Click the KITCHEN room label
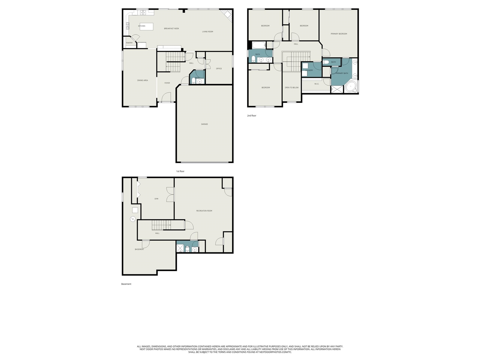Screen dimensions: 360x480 [x=141, y=26]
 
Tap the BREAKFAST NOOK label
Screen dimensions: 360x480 [x=171, y=28]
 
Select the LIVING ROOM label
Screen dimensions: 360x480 [x=207, y=31]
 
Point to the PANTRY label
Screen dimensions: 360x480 [x=129, y=43]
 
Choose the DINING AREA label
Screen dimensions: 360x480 [x=142, y=80]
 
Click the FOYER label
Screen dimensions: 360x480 [x=167, y=83]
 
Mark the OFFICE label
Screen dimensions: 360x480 [x=219, y=69]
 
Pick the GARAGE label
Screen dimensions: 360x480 [x=204, y=124]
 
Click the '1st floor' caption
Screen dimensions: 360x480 [x=180, y=171]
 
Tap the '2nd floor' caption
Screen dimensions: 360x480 [x=252, y=115]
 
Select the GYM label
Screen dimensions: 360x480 [x=156, y=199]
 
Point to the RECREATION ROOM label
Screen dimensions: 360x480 [x=204, y=211]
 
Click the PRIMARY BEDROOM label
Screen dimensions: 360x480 [x=339, y=34]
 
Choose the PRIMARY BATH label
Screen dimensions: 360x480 [x=342, y=73]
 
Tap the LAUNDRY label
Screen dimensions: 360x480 [x=309, y=70]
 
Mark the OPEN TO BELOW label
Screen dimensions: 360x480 [x=292, y=87]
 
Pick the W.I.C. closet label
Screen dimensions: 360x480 [x=316, y=84]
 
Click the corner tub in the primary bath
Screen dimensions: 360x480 [x=351, y=87]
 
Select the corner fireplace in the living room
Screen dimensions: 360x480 [x=227, y=15]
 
